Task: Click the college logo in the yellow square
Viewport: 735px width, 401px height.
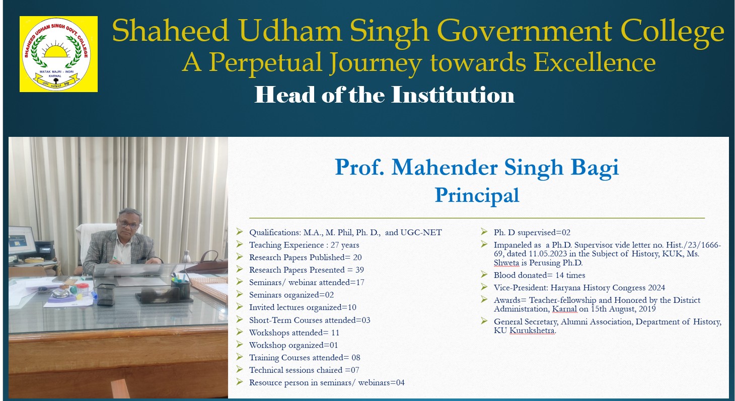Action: tap(58, 54)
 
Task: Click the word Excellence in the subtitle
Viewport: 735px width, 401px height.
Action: tap(594, 62)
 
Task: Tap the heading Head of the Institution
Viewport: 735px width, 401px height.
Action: tap(384, 95)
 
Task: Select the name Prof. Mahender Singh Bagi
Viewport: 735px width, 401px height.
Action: tap(477, 168)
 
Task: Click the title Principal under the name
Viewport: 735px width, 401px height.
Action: tap(477, 195)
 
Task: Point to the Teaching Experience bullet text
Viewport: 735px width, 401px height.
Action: tap(304, 245)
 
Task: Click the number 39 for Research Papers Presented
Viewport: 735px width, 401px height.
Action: tap(359, 270)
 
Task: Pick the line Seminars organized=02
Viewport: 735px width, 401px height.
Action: tap(291, 295)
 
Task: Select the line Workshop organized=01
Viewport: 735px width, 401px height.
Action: tap(293, 345)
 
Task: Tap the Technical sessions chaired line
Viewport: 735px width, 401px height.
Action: tap(304, 370)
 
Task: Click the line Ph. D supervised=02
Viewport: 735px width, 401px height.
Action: tap(532, 232)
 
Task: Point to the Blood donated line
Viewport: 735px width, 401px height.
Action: tap(540, 275)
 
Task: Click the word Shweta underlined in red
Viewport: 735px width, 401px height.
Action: tap(506, 263)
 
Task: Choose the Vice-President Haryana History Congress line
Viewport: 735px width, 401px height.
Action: tap(579, 288)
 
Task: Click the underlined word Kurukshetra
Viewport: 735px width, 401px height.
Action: tap(532, 331)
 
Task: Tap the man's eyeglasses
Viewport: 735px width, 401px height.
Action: tap(129, 224)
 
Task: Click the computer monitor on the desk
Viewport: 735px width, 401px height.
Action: tap(22, 242)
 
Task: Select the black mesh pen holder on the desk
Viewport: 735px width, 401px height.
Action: tap(106, 294)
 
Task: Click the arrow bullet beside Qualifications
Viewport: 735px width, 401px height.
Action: tap(240, 232)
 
